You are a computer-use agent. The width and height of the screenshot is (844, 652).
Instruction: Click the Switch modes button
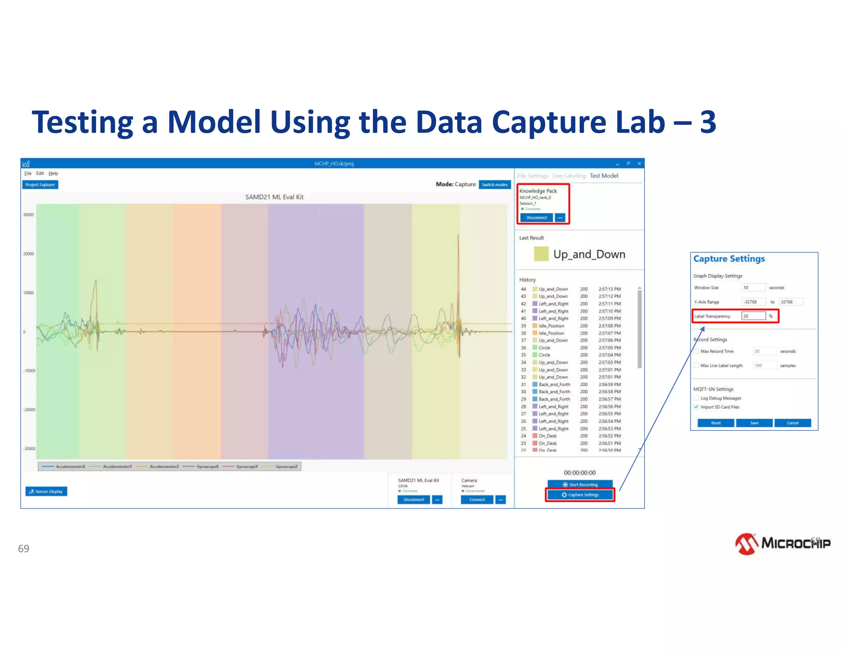point(495,185)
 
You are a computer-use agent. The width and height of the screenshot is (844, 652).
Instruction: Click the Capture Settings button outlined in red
point(580,495)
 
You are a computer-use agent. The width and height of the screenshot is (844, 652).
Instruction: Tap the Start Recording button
point(580,484)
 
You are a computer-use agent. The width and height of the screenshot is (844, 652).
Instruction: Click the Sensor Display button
point(46,491)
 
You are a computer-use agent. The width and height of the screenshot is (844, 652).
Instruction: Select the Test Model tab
point(603,176)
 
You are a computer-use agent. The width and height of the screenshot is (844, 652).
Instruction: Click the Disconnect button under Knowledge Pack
point(536,218)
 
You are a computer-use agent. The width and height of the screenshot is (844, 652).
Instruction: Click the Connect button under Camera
point(477,500)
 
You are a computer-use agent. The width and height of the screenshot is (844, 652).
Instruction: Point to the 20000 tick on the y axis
point(28,254)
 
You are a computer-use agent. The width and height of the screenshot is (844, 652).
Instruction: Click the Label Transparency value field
point(753,316)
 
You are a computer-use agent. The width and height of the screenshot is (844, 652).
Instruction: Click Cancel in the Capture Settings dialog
point(792,423)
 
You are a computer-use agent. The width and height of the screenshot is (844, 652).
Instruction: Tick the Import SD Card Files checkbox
point(696,407)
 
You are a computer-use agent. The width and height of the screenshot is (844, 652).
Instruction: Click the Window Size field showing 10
point(753,288)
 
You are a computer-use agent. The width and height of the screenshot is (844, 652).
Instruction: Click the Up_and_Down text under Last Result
point(589,254)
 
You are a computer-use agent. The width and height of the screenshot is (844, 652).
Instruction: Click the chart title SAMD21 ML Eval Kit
point(274,197)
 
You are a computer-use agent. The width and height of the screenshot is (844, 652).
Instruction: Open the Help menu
point(53,174)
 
